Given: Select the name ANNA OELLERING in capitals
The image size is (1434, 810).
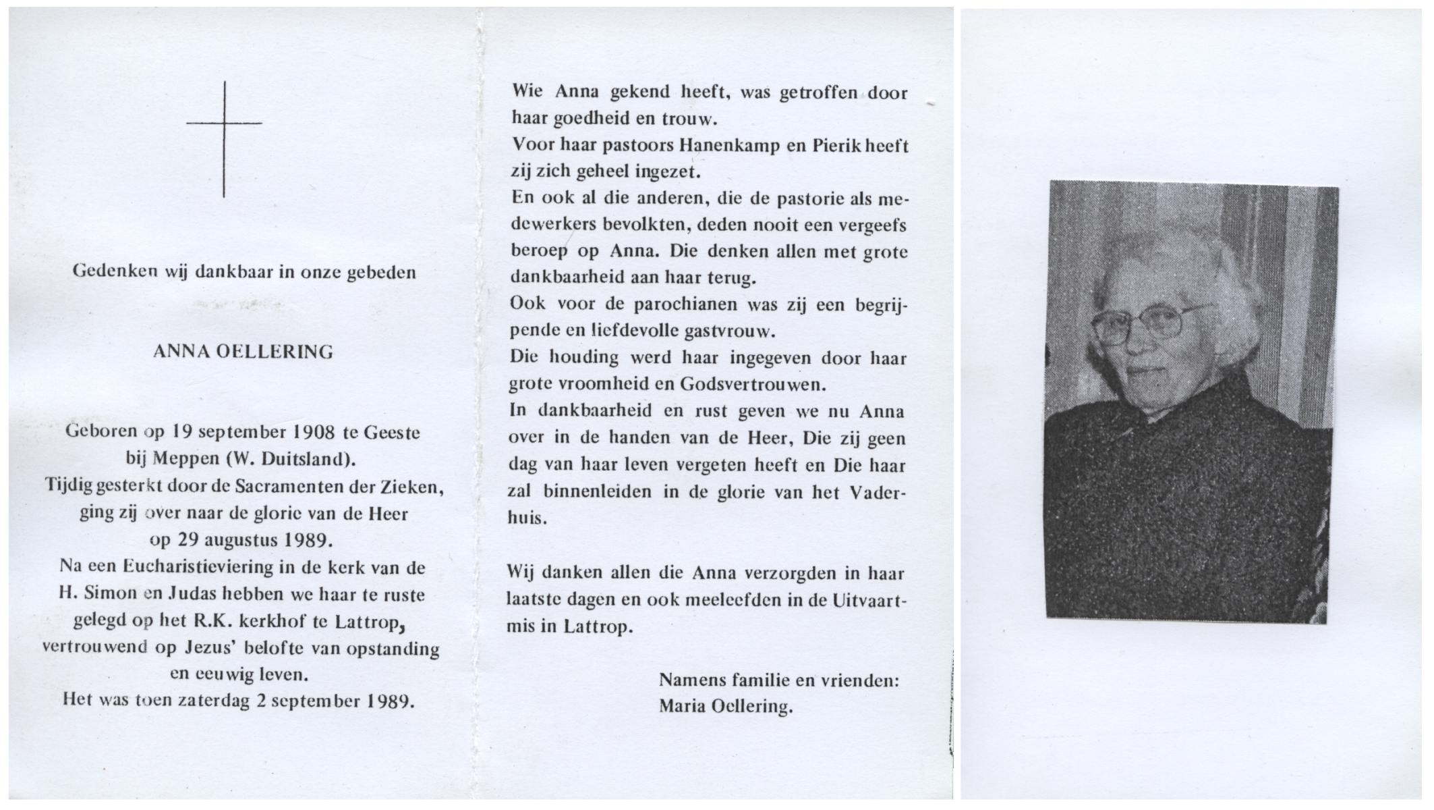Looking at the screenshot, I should (243, 352).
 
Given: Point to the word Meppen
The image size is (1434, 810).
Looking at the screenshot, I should (183, 460).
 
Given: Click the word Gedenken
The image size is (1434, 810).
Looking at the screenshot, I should (115, 272).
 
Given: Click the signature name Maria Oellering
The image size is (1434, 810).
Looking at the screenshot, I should (725, 707).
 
